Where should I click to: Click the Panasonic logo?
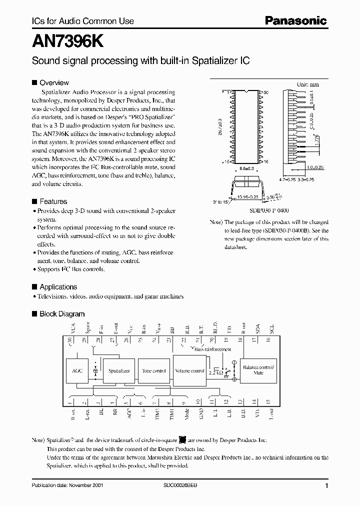coord(295,21)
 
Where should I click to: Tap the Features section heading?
coord(53,201)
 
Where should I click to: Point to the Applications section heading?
coord(58,287)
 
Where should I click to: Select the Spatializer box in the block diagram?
coord(119,371)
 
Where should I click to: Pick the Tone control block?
coord(153,371)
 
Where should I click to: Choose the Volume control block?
coord(189,371)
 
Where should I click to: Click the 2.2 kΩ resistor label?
coord(216,372)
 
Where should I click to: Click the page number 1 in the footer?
coord(326,486)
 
